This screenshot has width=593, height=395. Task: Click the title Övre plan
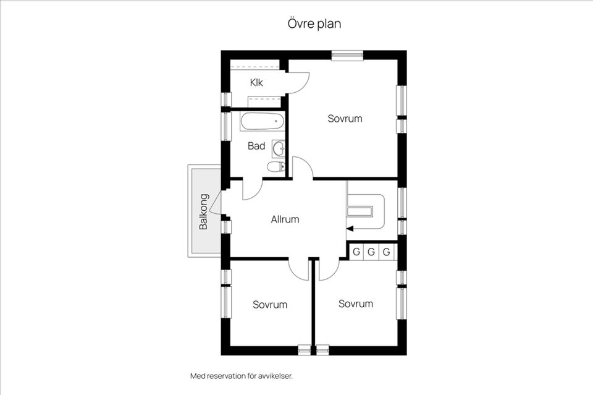314,24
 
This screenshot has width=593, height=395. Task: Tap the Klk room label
256,82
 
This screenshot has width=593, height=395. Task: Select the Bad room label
256,147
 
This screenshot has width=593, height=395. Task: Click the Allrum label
285,219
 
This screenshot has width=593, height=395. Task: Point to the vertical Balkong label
203,212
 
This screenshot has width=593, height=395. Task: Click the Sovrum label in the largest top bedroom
345,118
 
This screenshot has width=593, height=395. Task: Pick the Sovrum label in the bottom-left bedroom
270,305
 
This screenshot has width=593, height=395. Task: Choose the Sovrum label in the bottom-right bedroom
356,304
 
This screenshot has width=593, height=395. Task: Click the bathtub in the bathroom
262,121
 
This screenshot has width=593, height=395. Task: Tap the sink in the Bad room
279,148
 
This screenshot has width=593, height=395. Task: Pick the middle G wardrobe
371,252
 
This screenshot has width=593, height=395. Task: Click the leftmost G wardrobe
356,252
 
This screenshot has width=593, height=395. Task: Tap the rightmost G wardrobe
387,252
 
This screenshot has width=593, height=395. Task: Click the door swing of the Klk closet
298,83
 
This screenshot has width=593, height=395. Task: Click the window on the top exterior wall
346,55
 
